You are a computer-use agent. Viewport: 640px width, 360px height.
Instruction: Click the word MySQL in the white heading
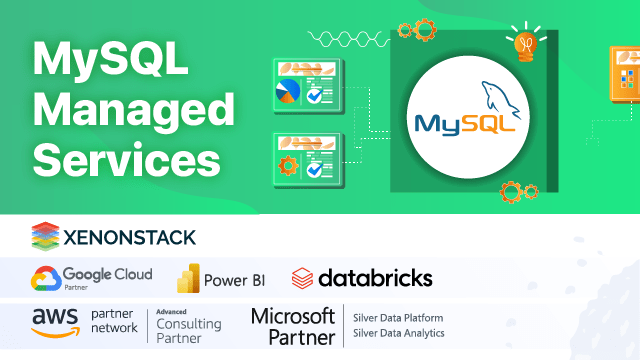point(110,61)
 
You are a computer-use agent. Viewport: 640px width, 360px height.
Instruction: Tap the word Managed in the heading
point(135,108)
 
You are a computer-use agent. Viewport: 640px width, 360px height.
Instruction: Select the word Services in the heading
point(126,157)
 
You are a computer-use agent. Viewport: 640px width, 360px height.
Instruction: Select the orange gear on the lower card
point(289,166)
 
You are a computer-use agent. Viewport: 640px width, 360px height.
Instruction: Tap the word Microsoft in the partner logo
point(291,316)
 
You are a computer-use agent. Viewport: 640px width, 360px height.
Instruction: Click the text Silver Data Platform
point(398,317)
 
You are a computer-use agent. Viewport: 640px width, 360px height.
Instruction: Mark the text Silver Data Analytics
point(398,333)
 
